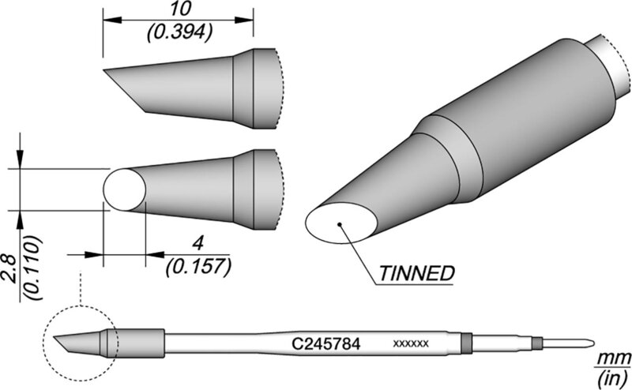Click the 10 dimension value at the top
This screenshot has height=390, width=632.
pos(180,9)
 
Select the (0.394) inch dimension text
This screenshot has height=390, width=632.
pos(179,32)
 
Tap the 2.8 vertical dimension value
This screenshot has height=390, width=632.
pos(9,269)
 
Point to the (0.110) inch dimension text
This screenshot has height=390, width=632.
pos(32,267)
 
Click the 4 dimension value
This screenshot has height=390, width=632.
pos(197,244)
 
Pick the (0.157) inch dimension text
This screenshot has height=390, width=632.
pos(198,267)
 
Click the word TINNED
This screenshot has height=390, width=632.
pos(416,274)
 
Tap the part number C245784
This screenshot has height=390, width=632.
pos(325,344)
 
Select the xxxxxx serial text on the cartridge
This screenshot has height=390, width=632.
pos(411,344)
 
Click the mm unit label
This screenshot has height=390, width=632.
pos(615,358)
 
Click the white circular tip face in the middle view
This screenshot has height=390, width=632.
pos(125,189)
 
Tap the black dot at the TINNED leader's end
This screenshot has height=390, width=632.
pos(340,224)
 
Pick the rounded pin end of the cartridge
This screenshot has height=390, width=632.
pos(591,343)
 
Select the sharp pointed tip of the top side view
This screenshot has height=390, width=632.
pos(103,70)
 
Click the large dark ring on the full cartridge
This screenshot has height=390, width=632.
pos(466,343)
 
